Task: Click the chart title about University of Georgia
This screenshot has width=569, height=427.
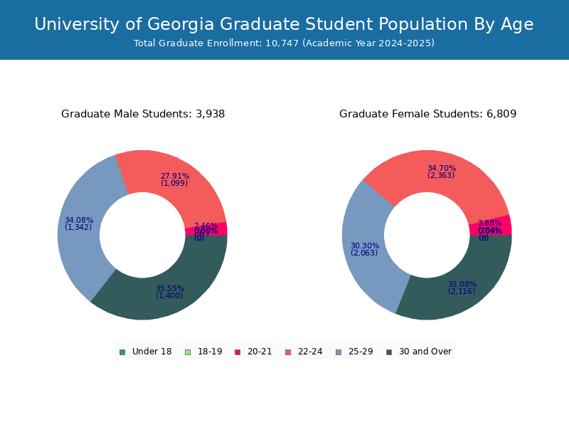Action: click(x=284, y=24)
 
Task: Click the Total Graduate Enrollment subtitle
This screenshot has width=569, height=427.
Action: click(x=284, y=43)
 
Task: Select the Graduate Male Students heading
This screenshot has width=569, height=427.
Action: click(x=143, y=114)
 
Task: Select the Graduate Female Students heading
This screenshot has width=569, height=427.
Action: click(x=427, y=114)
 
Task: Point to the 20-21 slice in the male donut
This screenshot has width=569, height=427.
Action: click(x=216, y=228)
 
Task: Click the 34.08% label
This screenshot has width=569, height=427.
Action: click(x=79, y=221)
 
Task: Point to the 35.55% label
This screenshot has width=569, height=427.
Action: click(x=170, y=289)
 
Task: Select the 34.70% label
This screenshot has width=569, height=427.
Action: click(x=442, y=169)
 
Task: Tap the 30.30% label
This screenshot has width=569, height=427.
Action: click(x=365, y=246)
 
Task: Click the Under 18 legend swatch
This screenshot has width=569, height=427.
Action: click(x=122, y=352)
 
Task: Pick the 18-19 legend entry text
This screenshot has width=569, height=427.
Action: click(x=210, y=352)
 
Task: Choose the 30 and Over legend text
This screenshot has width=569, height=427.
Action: click(x=425, y=352)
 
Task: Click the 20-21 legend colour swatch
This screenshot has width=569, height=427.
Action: click(x=238, y=352)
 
